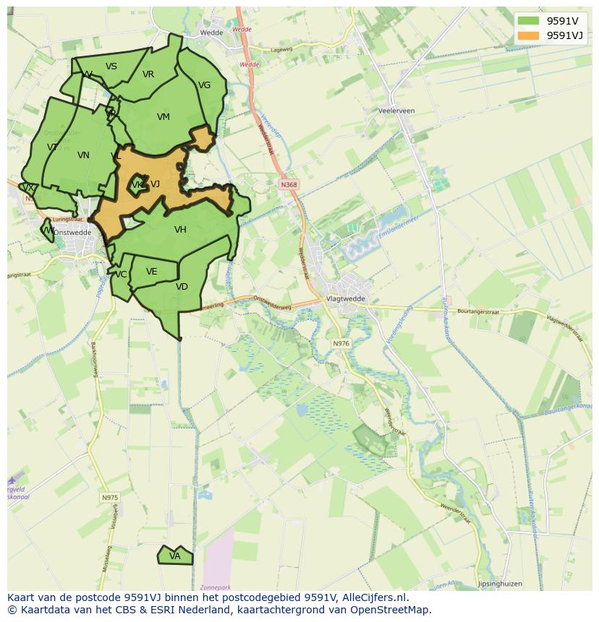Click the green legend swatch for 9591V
[x=529, y=21]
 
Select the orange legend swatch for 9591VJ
[x=529, y=35]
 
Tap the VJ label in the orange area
[x=155, y=184]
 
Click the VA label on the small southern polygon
[x=175, y=556]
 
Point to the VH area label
[x=180, y=230]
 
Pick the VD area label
[x=182, y=287]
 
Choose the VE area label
[x=151, y=272]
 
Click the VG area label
[x=205, y=85]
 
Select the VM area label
[x=163, y=117]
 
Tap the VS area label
[x=111, y=66]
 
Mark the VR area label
[x=148, y=74]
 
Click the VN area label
[x=83, y=155]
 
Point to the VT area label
[x=52, y=147]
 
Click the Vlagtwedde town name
[x=346, y=298]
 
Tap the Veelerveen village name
[x=396, y=111]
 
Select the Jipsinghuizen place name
[x=500, y=584]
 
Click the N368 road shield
[x=289, y=185]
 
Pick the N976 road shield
[x=341, y=343]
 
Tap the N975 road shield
[x=109, y=498]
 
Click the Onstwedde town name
[x=72, y=233]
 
